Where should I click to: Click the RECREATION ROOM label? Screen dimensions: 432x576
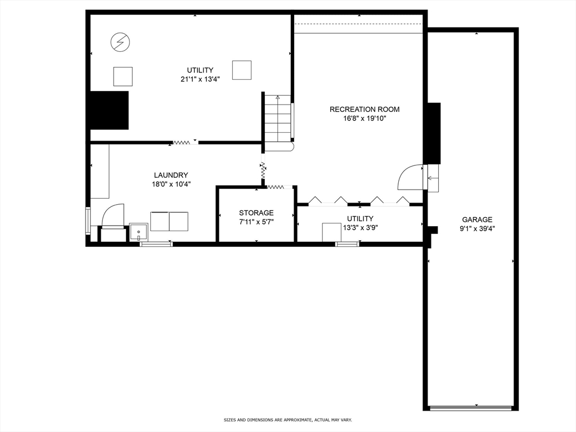364,109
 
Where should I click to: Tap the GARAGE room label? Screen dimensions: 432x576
477,219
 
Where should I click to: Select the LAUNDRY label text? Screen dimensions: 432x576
171,175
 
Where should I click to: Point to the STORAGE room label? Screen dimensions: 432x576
256,213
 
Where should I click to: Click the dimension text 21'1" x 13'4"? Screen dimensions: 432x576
196,79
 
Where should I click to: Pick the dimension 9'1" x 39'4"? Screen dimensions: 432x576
477,228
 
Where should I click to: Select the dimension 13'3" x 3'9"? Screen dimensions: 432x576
360,227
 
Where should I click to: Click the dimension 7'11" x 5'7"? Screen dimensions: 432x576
256,222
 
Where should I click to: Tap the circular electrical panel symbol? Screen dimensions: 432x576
119,42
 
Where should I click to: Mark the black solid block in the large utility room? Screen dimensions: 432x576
109,110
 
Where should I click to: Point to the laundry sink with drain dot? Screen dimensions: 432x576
138,232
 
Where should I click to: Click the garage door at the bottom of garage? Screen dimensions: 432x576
470,408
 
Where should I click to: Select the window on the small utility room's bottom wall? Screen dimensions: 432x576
347,244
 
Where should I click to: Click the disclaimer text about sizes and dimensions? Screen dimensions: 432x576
287,420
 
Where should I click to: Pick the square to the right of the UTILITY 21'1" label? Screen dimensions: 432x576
241,70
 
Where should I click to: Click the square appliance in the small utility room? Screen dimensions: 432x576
331,232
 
